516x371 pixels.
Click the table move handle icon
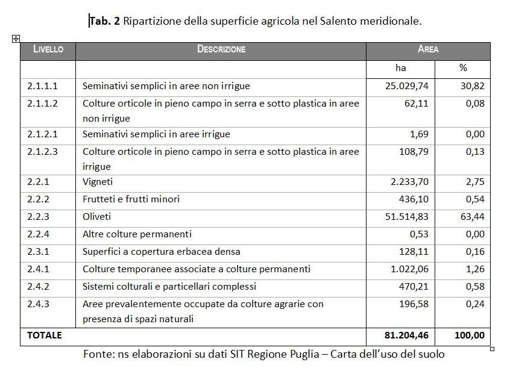coord(16,39)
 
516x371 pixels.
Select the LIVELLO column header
coord(48,49)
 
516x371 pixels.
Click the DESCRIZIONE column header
coord(221,49)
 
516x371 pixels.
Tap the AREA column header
coord(428,49)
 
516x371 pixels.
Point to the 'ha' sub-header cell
coord(401,68)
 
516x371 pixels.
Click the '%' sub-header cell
coord(463,68)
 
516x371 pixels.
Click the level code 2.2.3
coord(39,216)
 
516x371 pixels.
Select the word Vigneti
coord(98,181)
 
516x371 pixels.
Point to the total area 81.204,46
coord(406,335)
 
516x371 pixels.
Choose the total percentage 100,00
coord(469,335)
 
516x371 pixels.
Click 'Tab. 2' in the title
coord(104,22)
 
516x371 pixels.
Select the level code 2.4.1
coord(39,269)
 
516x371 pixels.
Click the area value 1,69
coord(418,134)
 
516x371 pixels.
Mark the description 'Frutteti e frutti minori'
coord(131,199)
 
